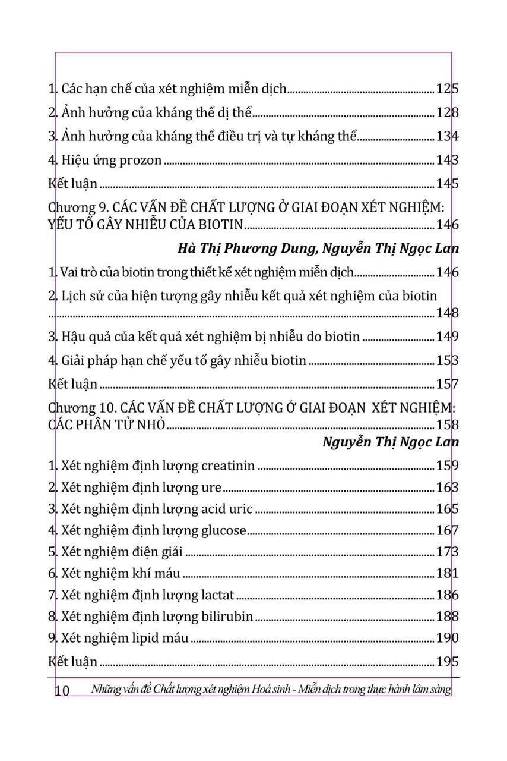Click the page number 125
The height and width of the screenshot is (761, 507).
click(x=447, y=89)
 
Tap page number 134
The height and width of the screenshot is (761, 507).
click(x=447, y=137)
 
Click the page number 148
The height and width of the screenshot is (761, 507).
click(x=447, y=313)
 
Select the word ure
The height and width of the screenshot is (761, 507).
click(x=211, y=488)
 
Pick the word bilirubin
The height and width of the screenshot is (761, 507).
click(x=228, y=616)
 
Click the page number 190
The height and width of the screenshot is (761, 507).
click(x=447, y=638)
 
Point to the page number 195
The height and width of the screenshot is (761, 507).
click(x=447, y=661)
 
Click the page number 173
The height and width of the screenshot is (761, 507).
click(x=447, y=552)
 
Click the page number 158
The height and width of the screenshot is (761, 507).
click(x=447, y=424)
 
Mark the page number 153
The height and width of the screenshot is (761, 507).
click(x=447, y=360)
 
